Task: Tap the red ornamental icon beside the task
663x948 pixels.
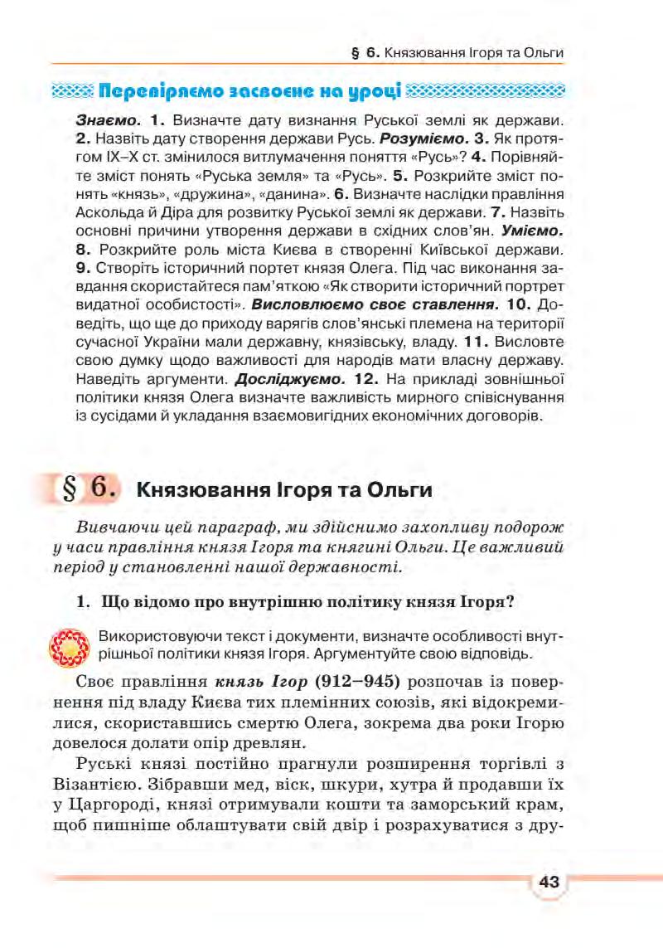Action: tap(70, 647)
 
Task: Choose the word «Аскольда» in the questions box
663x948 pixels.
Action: tap(108, 211)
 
